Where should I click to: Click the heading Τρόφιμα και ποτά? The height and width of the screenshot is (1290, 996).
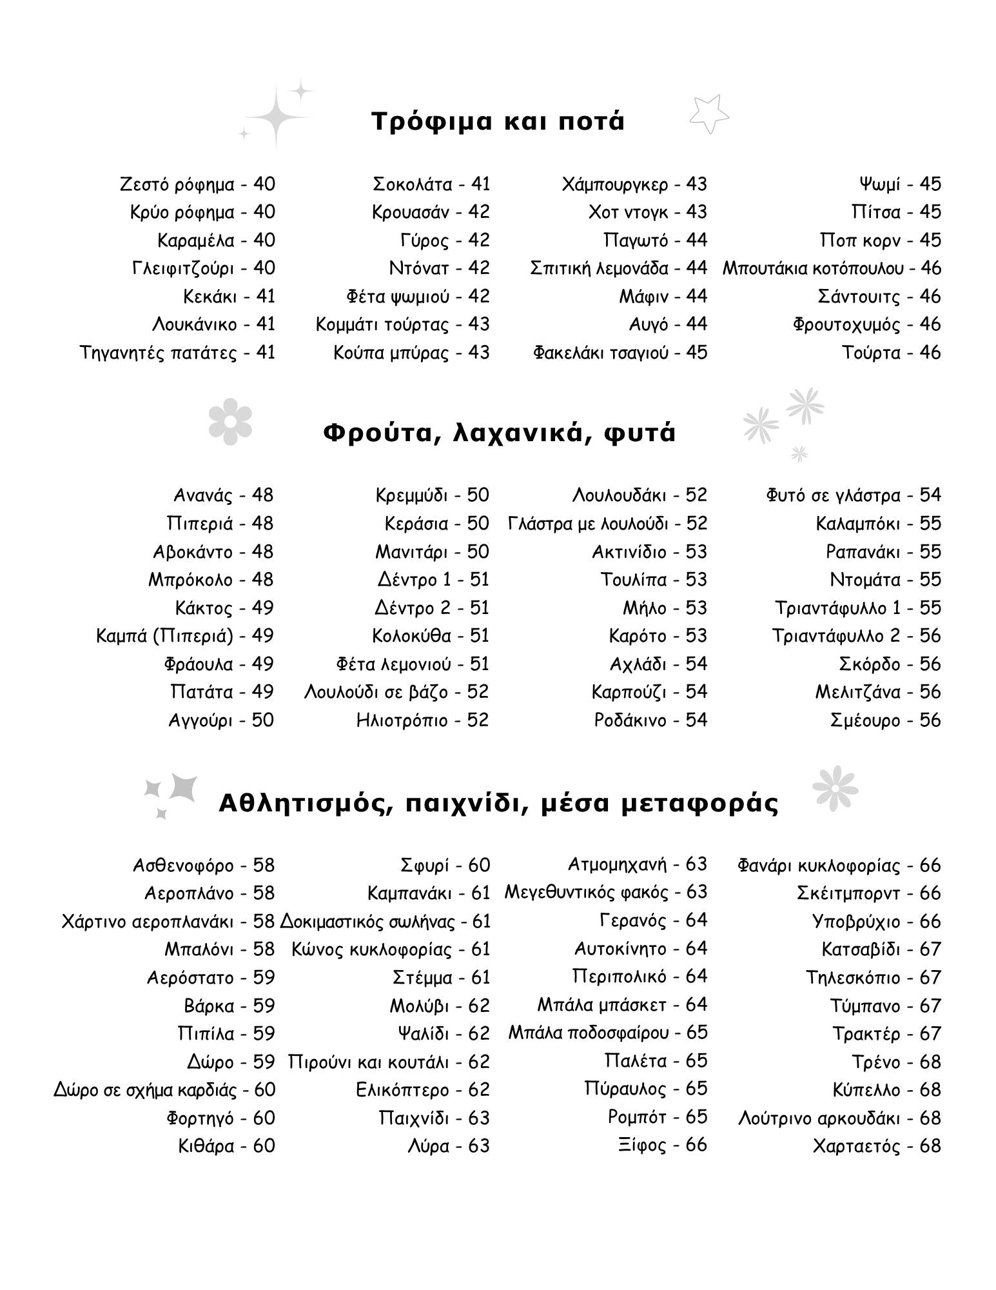click(498, 121)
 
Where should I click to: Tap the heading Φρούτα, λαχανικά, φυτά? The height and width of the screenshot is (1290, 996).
click(499, 433)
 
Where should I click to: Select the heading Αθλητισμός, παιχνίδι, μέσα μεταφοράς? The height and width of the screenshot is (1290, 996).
click(498, 804)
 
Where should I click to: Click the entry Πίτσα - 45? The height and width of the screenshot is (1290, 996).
click(896, 212)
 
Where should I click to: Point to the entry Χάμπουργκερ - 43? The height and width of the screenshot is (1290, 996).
click(634, 184)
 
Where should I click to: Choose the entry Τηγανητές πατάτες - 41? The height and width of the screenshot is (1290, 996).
click(177, 353)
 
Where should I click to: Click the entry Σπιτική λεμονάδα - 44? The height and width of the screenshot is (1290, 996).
click(618, 268)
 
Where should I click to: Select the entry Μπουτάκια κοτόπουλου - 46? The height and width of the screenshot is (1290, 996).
click(832, 268)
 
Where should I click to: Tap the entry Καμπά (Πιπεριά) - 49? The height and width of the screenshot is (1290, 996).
click(185, 636)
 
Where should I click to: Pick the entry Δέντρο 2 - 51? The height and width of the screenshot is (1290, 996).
click(432, 608)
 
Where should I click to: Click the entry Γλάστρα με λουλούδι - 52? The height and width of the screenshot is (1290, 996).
click(607, 524)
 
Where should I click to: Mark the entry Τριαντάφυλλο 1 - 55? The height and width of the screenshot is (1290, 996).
click(857, 608)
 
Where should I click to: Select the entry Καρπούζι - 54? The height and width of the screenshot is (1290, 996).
click(649, 692)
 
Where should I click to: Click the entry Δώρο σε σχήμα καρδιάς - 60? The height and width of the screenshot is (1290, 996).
click(164, 1090)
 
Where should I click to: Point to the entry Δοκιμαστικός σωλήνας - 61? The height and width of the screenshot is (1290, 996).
click(386, 922)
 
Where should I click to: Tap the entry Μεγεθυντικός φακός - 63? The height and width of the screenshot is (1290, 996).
click(605, 893)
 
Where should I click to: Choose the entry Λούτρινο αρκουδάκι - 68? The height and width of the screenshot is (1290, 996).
click(839, 1118)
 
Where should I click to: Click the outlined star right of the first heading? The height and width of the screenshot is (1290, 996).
click(708, 115)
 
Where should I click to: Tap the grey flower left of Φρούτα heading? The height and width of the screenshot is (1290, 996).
click(230, 421)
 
